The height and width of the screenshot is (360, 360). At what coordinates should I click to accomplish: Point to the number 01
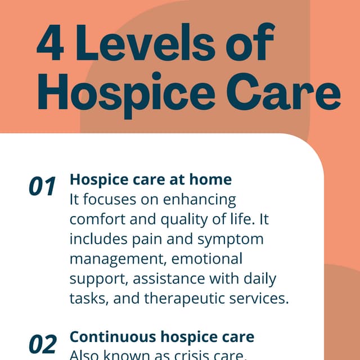coord(43,187)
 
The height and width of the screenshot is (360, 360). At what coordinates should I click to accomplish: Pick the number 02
coord(43,343)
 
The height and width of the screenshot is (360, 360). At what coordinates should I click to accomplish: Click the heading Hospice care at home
coord(150,179)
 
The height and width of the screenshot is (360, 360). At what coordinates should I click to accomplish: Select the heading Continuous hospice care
coord(161,337)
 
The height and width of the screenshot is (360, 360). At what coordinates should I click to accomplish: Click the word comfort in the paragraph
coord(96,219)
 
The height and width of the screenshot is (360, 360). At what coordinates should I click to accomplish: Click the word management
coord(117,259)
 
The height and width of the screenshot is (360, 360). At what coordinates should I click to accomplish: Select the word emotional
coord(206,259)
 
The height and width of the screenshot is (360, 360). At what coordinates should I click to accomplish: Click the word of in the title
coord(253,46)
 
